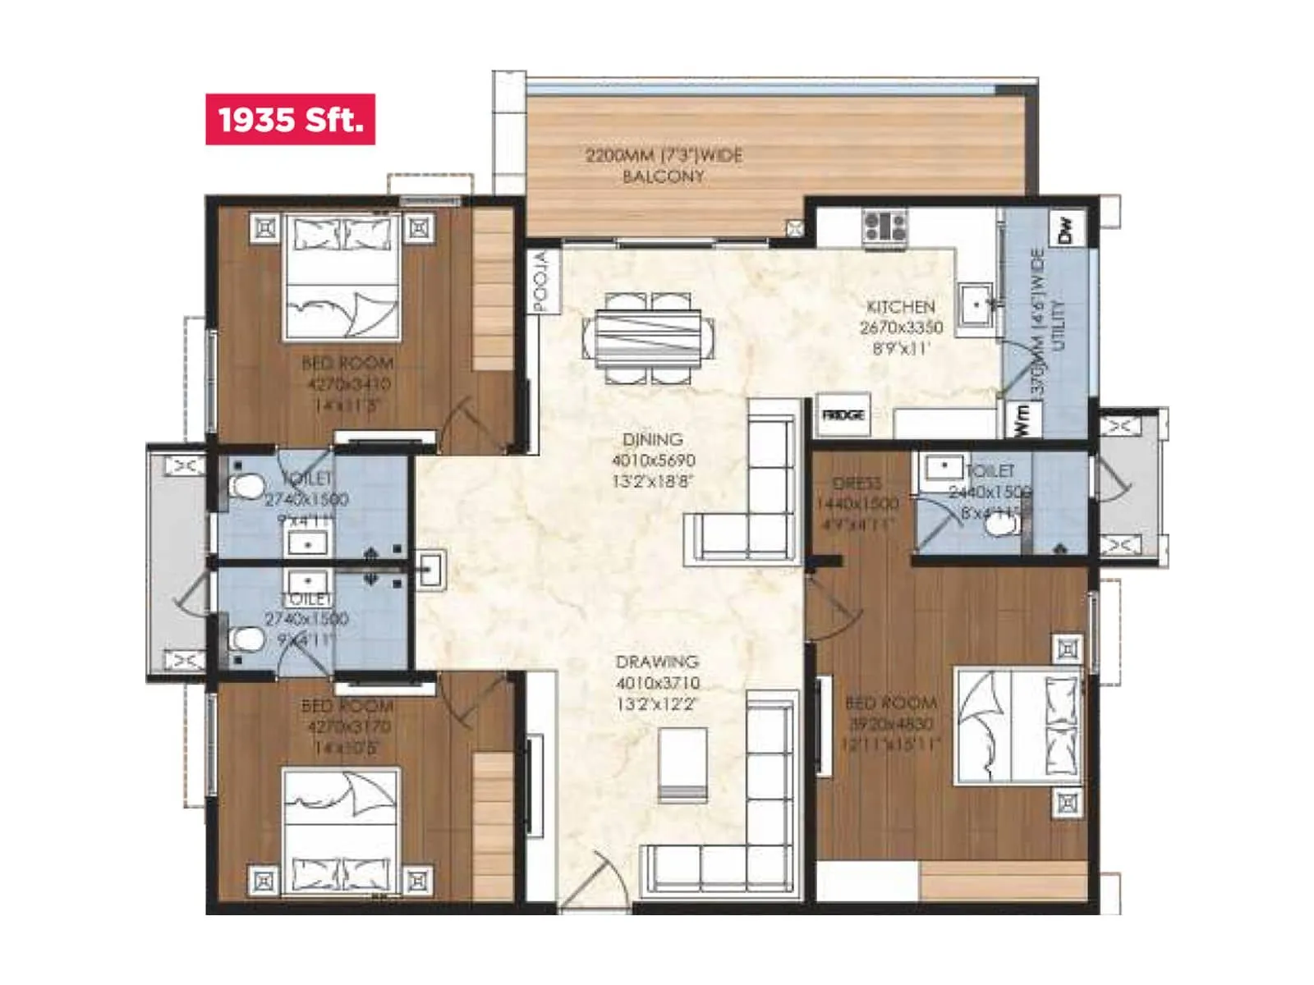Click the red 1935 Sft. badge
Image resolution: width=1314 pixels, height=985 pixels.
pos(290,120)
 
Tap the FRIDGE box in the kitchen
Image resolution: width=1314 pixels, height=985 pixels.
pos(843,415)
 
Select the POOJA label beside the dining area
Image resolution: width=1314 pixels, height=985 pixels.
pos(541,282)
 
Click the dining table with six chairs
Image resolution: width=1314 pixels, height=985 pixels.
pos(648,337)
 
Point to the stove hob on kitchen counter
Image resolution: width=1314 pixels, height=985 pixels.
pos(884,226)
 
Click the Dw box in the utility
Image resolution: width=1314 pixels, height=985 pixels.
pos(1066,230)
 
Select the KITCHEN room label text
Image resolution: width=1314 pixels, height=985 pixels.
pos(901,307)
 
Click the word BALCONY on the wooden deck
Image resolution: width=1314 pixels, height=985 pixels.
pos(664,176)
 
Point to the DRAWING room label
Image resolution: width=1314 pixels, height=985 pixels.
pos(657,662)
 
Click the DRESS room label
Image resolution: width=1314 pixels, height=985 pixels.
pos(857,483)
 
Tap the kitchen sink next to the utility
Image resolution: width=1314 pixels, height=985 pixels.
pos(976,305)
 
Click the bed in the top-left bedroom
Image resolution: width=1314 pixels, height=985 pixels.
pos(342,277)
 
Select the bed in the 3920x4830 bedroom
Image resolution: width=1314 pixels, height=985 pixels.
pos(1017,726)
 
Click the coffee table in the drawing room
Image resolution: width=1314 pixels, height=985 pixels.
pos(682,764)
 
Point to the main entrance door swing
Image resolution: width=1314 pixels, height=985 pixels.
pos(595,882)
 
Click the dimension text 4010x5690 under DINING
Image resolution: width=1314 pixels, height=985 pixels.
pos(653,460)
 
